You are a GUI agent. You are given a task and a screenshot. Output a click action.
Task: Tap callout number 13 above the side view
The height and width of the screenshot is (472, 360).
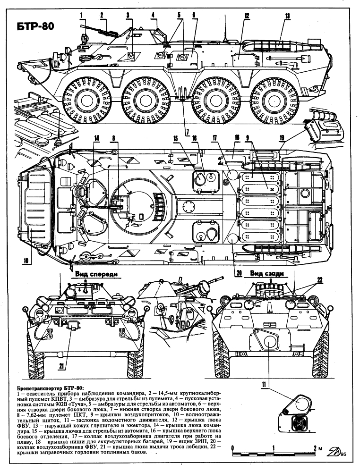tap(287, 16)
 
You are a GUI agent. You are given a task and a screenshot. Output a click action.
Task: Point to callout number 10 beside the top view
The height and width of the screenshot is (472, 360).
tap(26, 261)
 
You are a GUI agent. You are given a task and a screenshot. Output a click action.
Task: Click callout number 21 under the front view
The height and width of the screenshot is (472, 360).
tap(61, 366)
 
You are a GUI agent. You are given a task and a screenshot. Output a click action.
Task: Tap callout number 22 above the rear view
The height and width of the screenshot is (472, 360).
tap(319, 280)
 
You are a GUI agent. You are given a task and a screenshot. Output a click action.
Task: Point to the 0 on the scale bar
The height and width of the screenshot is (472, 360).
tap(232, 447)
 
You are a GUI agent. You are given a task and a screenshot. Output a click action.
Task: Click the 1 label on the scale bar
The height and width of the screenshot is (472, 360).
tap(274, 447)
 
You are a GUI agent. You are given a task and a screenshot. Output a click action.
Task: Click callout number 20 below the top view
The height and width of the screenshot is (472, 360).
tap(239, 273)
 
